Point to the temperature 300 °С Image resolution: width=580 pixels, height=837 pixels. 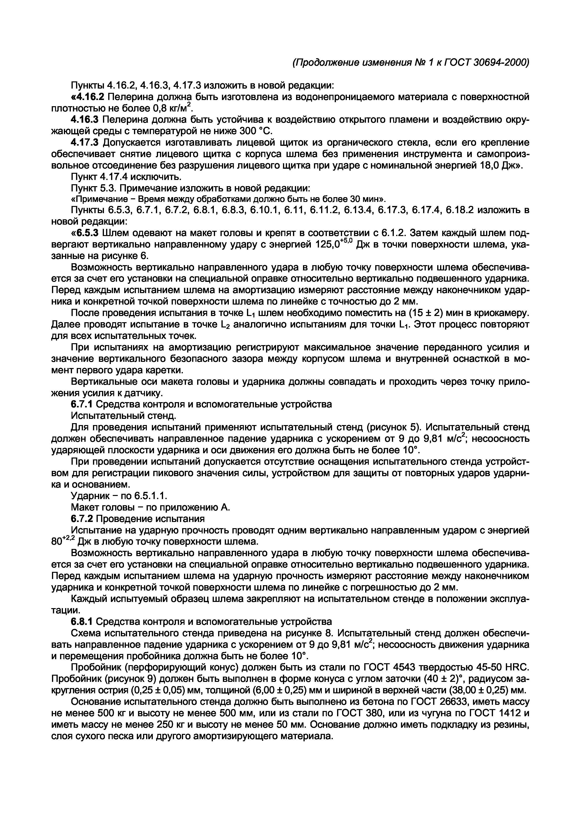pos(256,131)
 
